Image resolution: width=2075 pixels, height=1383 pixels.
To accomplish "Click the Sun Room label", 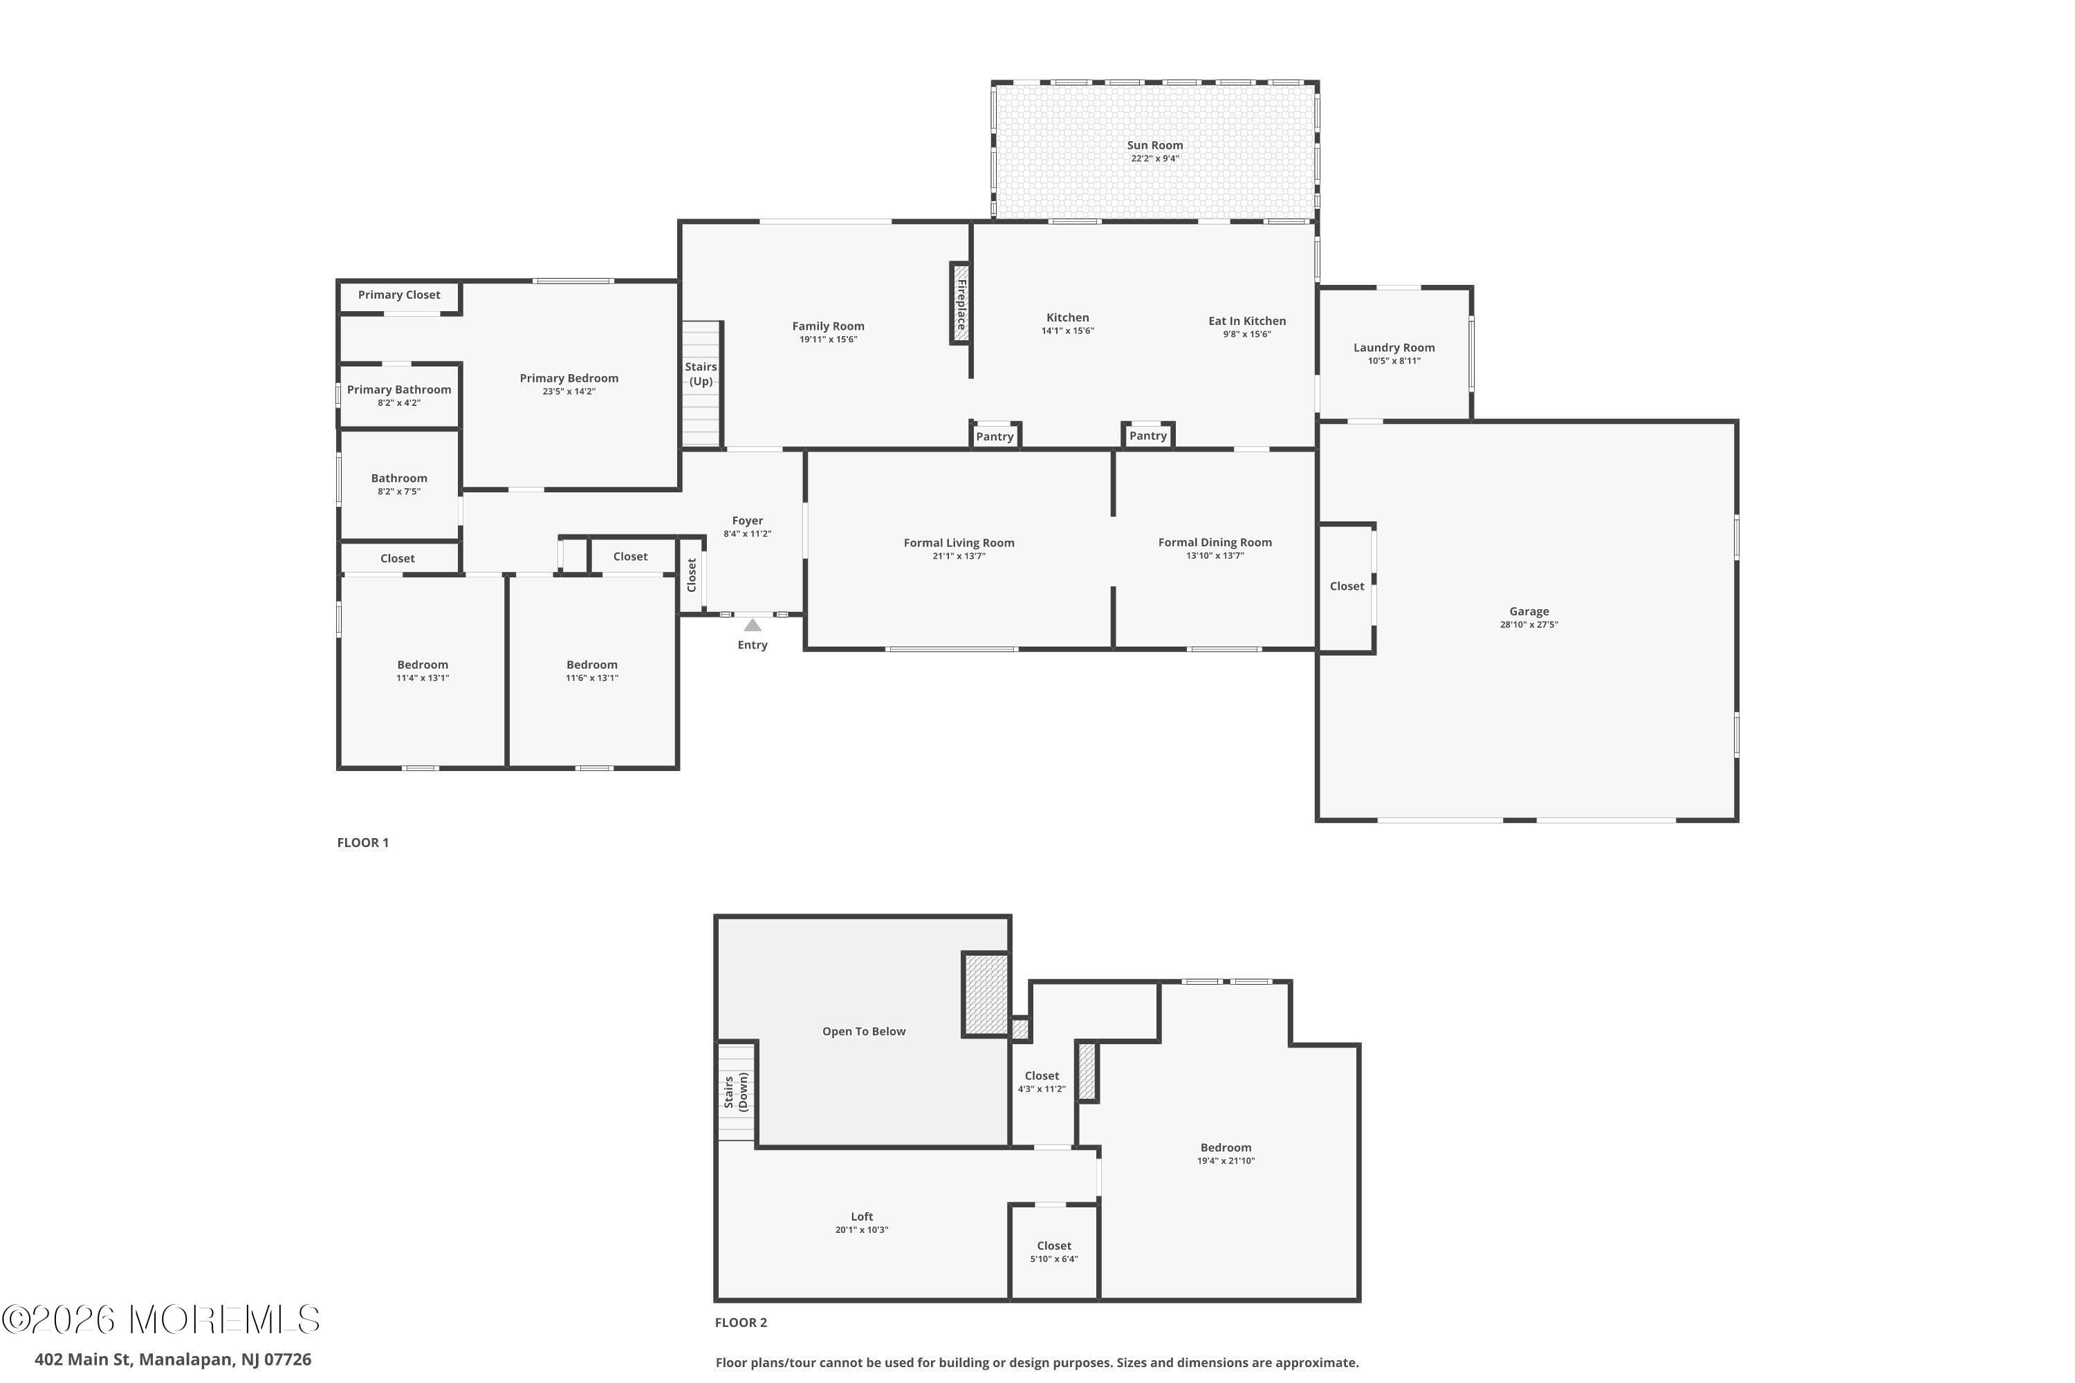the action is click(1155, 145).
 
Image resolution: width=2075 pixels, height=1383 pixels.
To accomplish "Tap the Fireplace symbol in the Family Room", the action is click(961, 303).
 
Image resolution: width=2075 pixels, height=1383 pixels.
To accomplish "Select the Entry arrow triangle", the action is click(753, 625).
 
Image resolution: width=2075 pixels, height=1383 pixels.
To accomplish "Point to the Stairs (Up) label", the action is click(701, 374).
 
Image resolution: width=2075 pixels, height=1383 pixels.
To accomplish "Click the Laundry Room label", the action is click(1394, 348).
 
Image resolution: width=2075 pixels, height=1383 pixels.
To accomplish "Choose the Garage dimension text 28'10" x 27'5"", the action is click(1529, 624).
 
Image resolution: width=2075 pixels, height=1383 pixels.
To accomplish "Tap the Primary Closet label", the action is click(399, 295).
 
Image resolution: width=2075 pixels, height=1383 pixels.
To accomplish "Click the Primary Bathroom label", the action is click(399, 390).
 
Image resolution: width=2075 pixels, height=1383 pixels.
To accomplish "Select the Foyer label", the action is click(747, 521).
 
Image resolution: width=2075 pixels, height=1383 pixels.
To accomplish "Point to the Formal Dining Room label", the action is click(1215, 542).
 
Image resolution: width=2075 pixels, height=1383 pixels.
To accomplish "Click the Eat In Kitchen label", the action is click(1246, 321).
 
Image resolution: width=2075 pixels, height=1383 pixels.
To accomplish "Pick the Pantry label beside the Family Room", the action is click(995, 436).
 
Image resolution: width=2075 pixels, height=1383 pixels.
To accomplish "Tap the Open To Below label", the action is click(864, 1031).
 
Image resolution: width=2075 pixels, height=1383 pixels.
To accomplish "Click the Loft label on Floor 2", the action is click(862, 1216).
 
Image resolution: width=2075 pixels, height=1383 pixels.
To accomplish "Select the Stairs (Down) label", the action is click(736, 1091).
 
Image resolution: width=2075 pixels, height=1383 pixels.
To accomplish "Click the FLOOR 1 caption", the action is click(362, 842).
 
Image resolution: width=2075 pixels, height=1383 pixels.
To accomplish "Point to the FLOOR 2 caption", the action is click(741, 1322).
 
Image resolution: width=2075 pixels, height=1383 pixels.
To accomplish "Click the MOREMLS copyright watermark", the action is click(160, 1319).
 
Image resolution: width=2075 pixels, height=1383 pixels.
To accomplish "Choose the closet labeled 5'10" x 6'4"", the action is click(1054, 1252).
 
